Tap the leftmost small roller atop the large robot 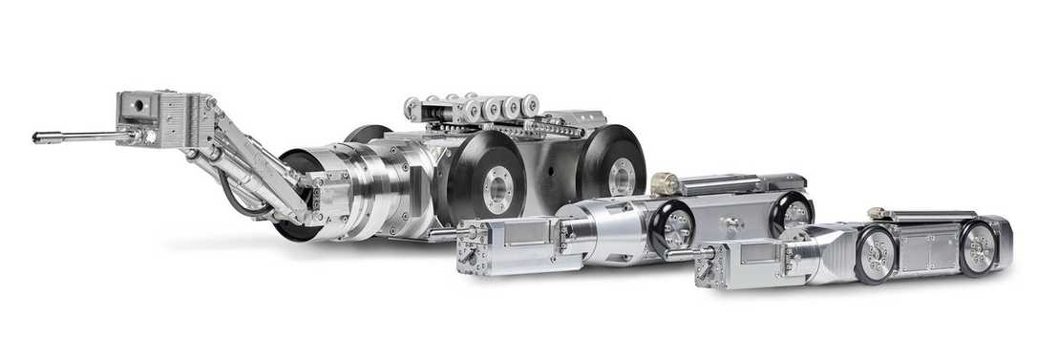click(414, 107)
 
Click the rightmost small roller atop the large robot click(530, 104)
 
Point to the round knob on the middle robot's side click(732, 225)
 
